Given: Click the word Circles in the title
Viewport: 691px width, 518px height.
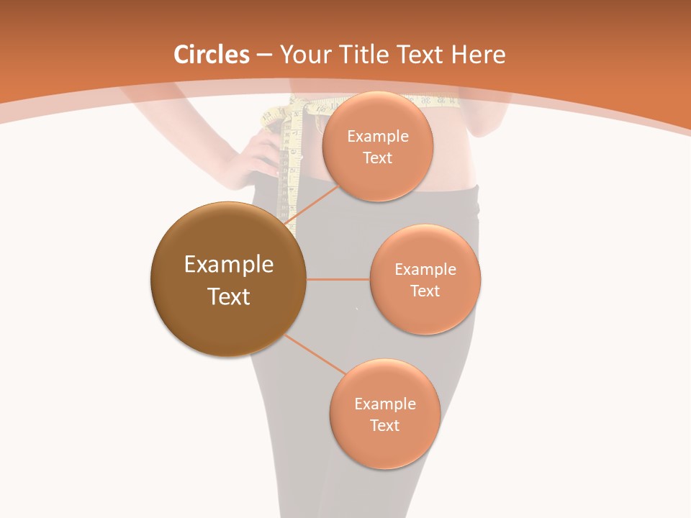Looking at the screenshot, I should click(211, 55).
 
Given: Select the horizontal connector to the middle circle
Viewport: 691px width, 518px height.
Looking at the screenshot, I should click(338, 279).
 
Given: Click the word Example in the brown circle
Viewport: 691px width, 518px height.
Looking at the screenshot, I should click(229, 265).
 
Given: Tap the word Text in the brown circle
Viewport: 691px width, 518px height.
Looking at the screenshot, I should click(229, 296).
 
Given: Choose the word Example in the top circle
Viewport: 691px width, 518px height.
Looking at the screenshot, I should click(378, 137).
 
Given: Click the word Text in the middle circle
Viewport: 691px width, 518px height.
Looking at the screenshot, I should click(425, 291).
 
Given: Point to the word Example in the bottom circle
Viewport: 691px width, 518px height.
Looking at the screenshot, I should click(384, 404).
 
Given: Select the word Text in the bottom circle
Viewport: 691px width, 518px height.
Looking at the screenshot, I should click(384, 425).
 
